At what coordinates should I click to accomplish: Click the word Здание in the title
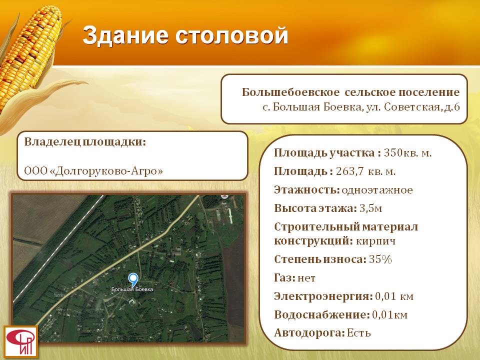[125, 35]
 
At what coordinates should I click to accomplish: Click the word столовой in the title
[231, 35]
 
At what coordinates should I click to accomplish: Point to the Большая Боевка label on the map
[132, 289]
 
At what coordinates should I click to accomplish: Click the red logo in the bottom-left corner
[21, 342]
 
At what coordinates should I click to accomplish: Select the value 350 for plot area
[393, 152]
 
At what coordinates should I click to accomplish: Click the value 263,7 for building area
[350, 171]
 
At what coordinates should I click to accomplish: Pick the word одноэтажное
[377, 190]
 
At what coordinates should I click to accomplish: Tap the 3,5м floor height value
[370, 208]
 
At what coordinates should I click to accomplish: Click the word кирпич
[376, 241]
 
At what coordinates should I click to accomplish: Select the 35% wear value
[380, 259]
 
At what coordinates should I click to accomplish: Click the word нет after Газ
[306, 278]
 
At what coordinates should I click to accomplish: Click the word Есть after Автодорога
[359, 333]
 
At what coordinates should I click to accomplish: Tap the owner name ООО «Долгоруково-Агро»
[93, 171]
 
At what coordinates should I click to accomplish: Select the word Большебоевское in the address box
[290, 92]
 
